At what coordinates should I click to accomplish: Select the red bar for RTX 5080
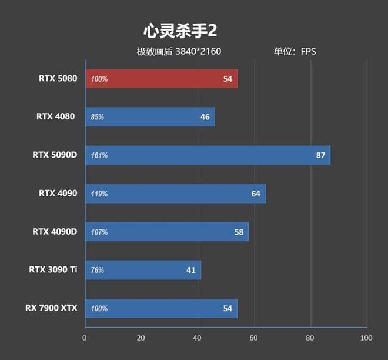click(x=161, y=79)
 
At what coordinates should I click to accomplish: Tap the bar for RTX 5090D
click(x=207, y=155)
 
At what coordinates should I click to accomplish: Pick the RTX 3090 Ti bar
click(x=143, y=270)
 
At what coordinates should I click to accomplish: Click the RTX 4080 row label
click(x=56, y=116)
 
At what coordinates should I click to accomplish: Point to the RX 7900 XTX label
click(x=51, y=308)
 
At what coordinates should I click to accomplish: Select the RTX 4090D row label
click(x=55, y=231)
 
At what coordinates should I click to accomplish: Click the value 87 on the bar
click(x=320, y=155)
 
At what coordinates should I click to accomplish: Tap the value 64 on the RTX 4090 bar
click(x=256, y=194)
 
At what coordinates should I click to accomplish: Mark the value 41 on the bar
click(x=190, y=270)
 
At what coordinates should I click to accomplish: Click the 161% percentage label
click(x=99, y=156)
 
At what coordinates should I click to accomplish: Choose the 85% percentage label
click(x=98, y=117)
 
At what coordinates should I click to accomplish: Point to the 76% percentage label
click(x=98, y=271)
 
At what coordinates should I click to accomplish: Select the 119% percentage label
click(x=99, y=194)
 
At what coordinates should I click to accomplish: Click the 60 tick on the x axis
click(x=253, y=338)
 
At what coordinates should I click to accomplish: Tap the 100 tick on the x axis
click(x=366, y=338)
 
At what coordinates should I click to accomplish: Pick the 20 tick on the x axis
click(x=141, y=338)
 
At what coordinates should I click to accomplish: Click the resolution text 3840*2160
click(x=198, y=51)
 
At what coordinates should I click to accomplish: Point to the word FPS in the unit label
click(x=308, y=51)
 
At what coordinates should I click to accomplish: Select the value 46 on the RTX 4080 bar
click(x=205, y=117)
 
